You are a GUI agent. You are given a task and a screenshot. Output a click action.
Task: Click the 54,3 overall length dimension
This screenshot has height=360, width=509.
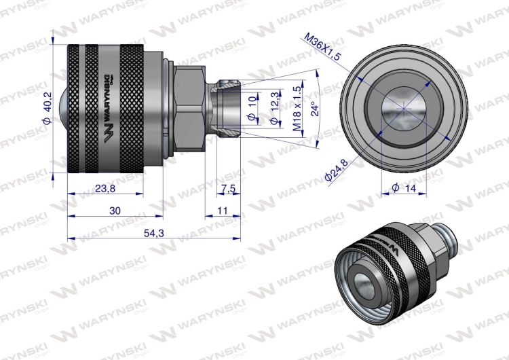coord(154,232)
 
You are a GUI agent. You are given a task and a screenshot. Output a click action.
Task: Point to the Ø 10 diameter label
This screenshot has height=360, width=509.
coord(252,109)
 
